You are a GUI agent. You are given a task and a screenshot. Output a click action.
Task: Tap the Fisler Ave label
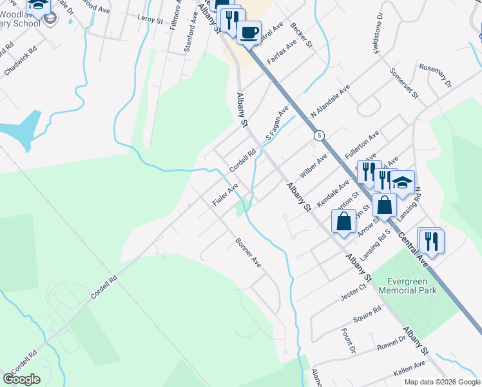pyautogui.click(x=226, y=193)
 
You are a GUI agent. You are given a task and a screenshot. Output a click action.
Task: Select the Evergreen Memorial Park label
pyautogui.click(x=413, y=286)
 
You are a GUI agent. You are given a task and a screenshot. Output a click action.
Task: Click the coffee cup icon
pyautogui.click(x=249, y=32)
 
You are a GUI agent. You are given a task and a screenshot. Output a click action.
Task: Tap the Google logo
pyautogui.click(x=21, y=379)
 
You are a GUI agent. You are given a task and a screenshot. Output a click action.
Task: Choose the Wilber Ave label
pyautogui.click(x=313, y=166)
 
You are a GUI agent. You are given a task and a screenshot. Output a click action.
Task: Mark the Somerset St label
pyautogui.click(x=403, y=84)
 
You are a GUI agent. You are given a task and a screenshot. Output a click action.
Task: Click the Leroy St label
pyautogui.click(x=150, y=19)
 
